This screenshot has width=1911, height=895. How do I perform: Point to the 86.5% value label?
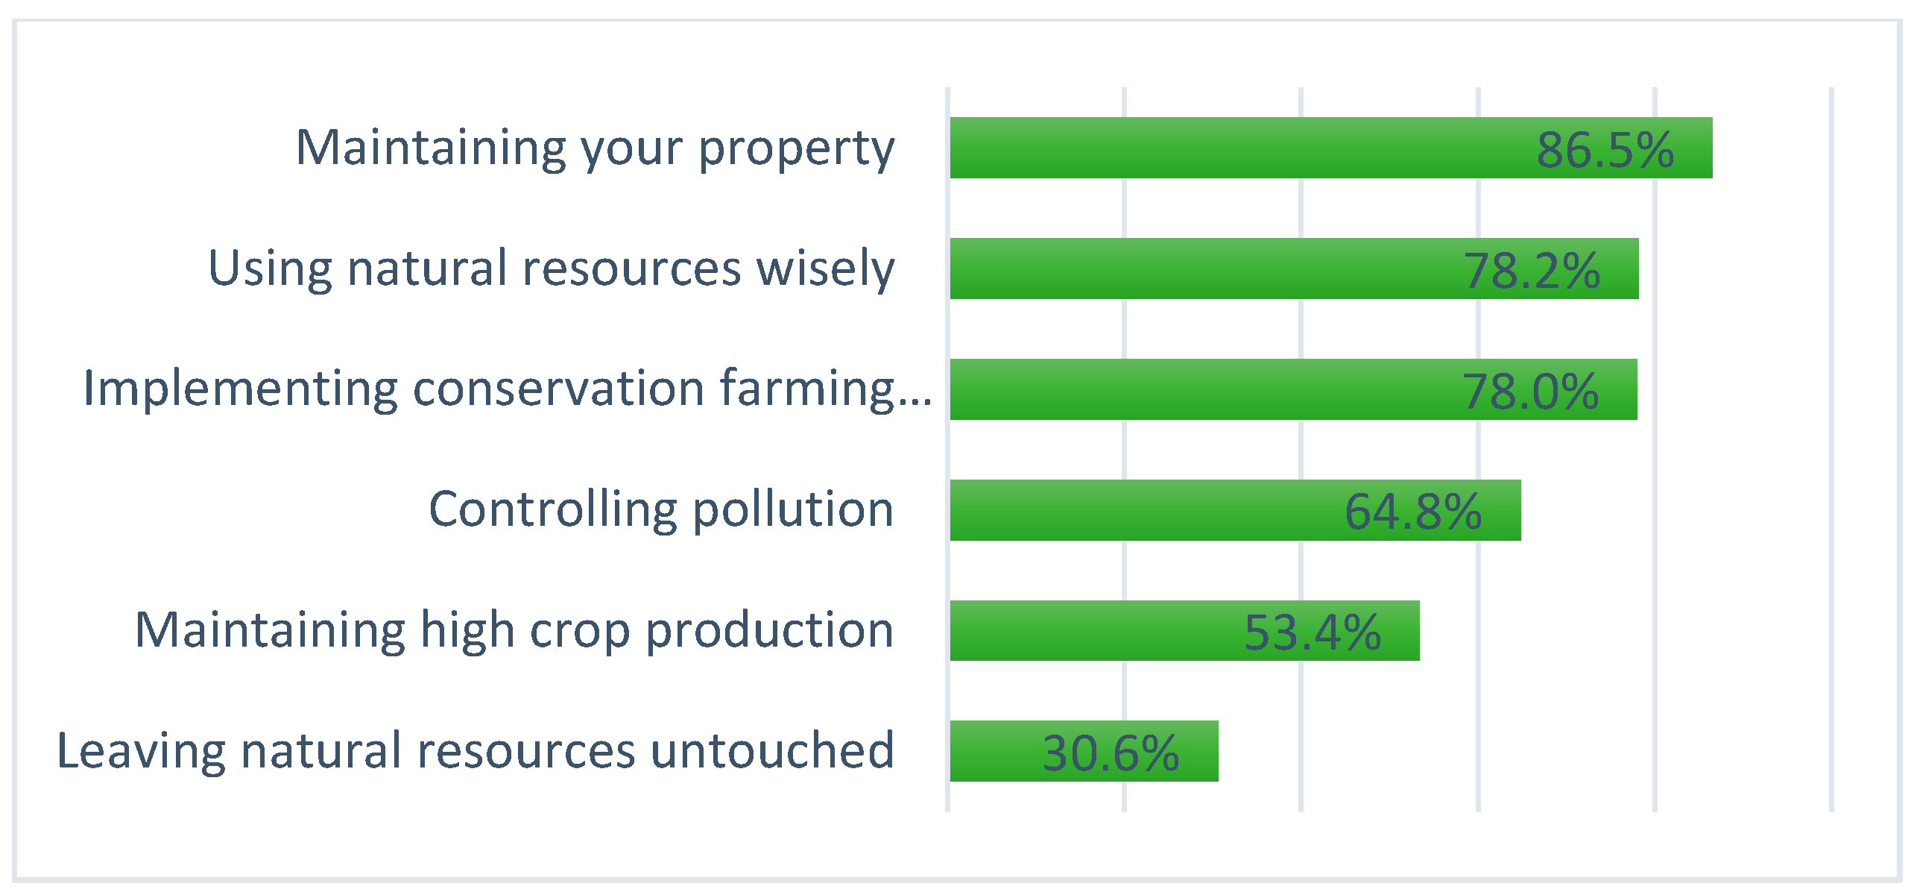click(x=1605, y=149)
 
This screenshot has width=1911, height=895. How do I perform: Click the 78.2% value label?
click(x=1532, y=270)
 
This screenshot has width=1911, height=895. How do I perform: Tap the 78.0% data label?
click(x=1530, y=391)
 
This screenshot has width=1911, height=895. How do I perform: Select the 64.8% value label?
click(x=1413, y=512)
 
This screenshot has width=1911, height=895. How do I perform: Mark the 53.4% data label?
click(x=1313, y=632)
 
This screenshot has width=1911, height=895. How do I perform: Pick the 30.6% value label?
click(x=1111, y=753)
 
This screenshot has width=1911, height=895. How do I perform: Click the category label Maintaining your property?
click(x=595, y=148)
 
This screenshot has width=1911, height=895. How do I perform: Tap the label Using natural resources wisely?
click(x=551, y=268)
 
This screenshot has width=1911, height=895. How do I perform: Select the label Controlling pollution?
click(x=660, y=510)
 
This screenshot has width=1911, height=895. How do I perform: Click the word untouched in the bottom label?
click(x=772, y=750)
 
